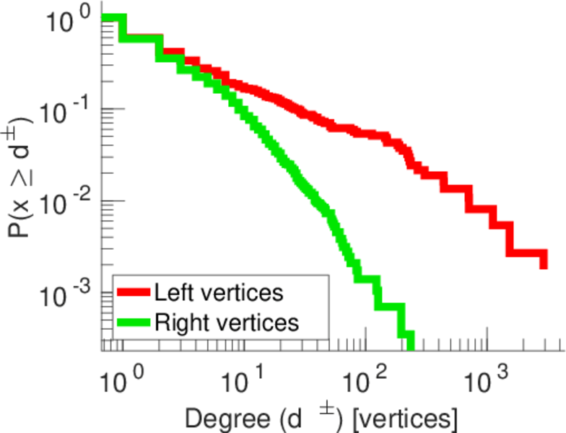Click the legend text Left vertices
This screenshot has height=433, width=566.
click(218, 292)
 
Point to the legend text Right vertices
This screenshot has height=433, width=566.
click(226, 322)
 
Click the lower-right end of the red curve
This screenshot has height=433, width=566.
click(543, 263)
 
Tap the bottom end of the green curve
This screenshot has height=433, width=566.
click(410, 345)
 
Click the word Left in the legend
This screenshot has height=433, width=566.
click(171, 292)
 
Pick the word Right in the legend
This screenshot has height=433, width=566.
click(177, 323)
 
